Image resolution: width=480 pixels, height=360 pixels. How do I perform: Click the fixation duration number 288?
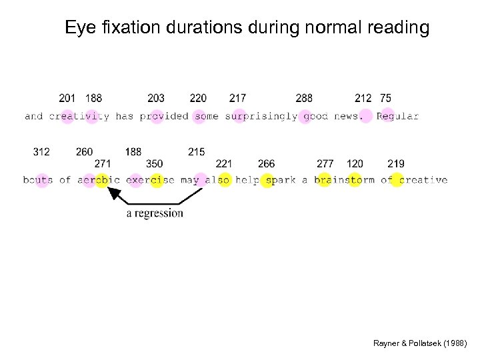click(x=304, y=98)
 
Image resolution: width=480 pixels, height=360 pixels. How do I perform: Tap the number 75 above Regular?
click(x=385, y=98)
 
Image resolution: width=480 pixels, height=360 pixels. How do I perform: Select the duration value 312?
click(x=41, y=152)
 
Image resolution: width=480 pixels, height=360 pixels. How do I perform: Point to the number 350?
click(x=154, y=164)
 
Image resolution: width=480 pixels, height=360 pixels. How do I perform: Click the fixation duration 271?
click(x=103, y=164)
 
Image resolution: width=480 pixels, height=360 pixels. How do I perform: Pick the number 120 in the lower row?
click(x=355, y=164)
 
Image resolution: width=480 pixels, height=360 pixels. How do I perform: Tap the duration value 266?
click(x=266, y=164)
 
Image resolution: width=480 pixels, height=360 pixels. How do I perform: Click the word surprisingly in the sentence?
click(x=261, y=116)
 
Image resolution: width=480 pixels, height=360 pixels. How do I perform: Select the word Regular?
click(x=397, y=116)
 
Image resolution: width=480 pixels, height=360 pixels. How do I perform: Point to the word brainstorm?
click(x=344, y=180)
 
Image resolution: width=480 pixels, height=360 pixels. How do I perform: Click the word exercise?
click(x=150, y=180)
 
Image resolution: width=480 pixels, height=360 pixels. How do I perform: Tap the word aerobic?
click(x=99, y=180)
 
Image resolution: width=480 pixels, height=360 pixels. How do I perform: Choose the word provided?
click(x=164, y=116)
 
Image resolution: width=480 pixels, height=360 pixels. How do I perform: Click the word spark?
click(x=281, y=180)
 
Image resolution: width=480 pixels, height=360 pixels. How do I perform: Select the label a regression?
click(x=155, y=213)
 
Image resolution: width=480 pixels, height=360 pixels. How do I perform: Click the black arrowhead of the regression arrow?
click(x=115, y=193)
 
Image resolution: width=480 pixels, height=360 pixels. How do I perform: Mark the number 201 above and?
click(x=67, y=98)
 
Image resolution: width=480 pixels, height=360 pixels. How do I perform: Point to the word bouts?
click(x=38, y=180)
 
